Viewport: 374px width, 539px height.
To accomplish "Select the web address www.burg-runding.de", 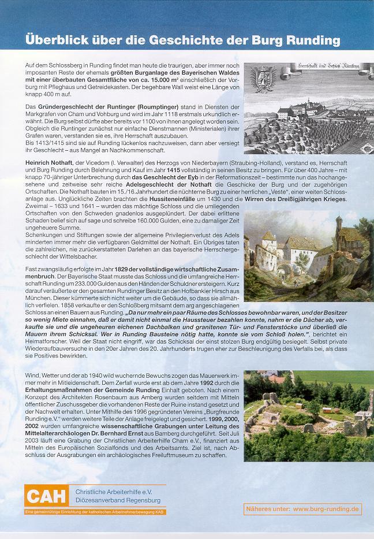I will (x=327, y=509).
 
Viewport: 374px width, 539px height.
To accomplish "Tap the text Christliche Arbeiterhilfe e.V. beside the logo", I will (x=113, y=491).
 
